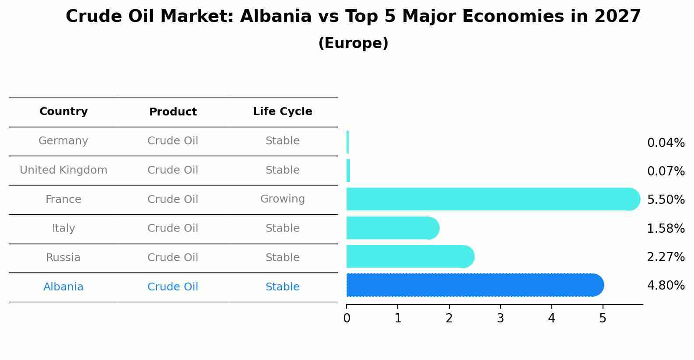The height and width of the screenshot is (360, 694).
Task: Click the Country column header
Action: [x=63, y=112]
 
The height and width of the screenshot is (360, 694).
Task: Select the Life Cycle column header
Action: [x=282, y=112]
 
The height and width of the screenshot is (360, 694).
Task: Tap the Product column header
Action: [x=173, y=112]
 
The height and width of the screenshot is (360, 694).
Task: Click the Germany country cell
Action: [x=63, y=141]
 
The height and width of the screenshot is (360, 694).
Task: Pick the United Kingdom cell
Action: [x=63, y=170]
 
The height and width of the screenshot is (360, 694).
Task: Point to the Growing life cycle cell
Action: [x=282, y=199]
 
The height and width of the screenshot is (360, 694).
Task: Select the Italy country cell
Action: [x=63, y=228]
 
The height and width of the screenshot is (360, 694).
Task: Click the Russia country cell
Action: [x=63, y=258]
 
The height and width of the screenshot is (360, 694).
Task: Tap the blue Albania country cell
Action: [x=63, y=287]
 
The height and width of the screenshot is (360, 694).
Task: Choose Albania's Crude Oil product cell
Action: [x=173, y=287]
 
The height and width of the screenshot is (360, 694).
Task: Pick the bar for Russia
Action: [x=409, y=256]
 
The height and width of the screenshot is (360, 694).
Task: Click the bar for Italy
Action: [x=392, y=228]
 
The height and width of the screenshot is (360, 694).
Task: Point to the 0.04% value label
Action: [x=666, y=143]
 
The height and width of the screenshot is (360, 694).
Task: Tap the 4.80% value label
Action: [x=666, y=286]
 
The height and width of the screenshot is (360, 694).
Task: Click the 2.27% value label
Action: [x=666, y=257]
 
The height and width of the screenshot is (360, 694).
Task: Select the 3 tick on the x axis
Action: [x=500, y=318]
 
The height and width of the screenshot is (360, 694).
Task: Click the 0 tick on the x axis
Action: [x=347, y=318]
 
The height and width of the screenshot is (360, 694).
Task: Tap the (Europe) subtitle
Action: [x=353, y=43]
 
